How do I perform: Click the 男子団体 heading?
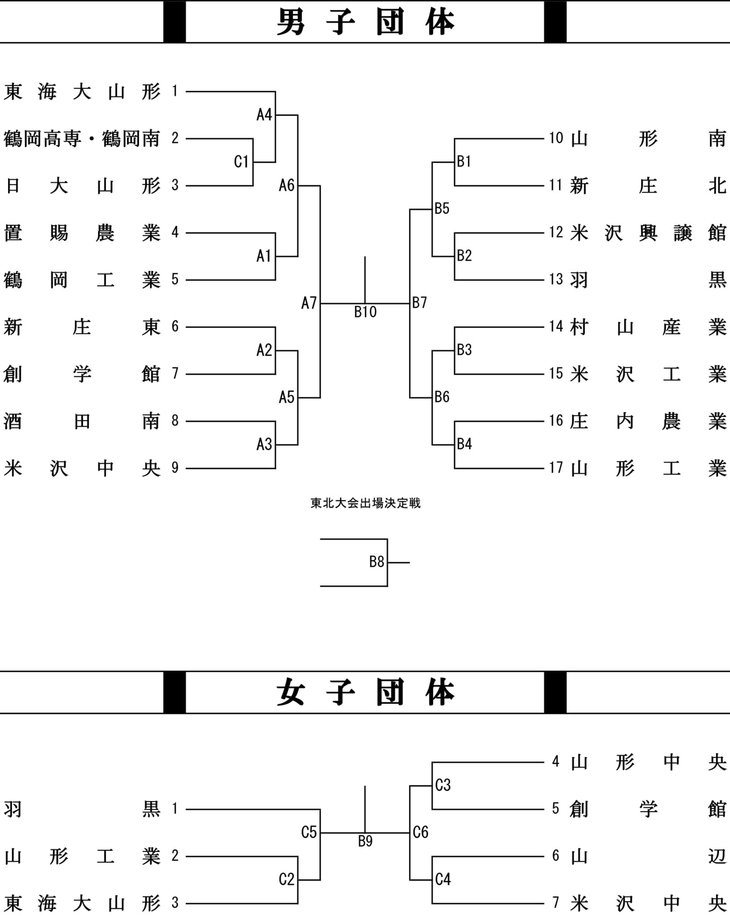(365, 22)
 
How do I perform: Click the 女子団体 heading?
(365, 692)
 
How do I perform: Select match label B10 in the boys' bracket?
(365, 312)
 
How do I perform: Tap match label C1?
(241, 161)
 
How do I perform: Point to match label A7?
(309, 303)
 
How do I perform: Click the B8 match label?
(377, 562)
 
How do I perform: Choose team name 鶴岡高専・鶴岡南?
(82, 139)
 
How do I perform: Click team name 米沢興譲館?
(648, 233)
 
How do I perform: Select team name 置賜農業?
(82, 233)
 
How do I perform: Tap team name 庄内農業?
(648, 421)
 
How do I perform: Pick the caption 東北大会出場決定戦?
(365, 503)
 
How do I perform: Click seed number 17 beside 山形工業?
(556, 468)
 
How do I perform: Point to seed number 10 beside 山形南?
(556, 138)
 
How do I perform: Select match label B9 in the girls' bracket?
(365, 841)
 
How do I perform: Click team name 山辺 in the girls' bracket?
(648, 856)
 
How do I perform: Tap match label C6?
(421, 832)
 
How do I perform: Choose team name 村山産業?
(648, 327)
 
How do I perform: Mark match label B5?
(442, 208)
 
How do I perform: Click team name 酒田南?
(82, 421)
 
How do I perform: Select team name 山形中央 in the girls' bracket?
(648, 762)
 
